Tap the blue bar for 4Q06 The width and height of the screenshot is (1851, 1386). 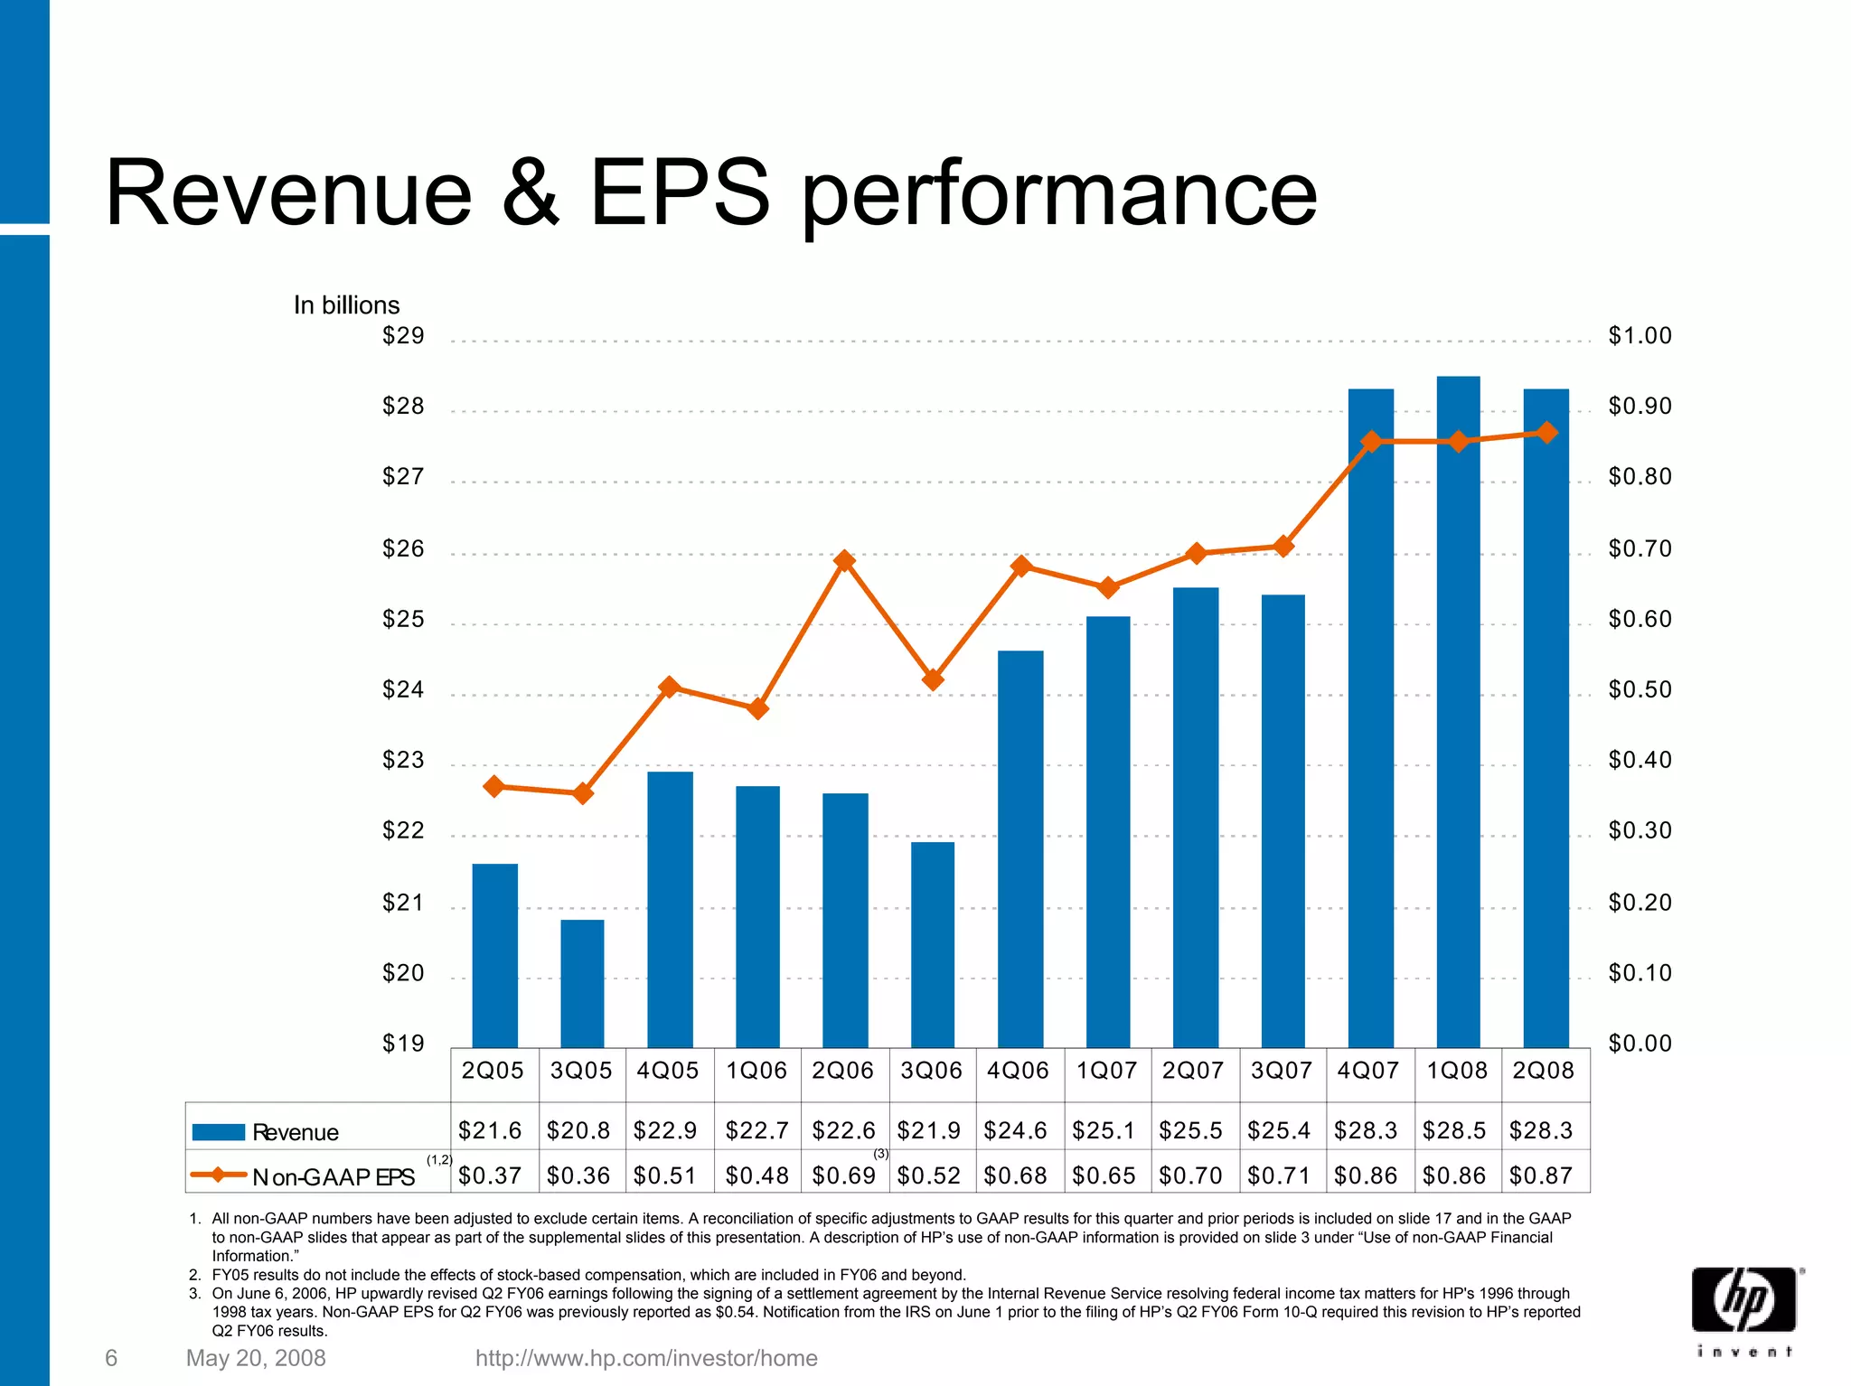pyautogui.click(x=1020, y=849)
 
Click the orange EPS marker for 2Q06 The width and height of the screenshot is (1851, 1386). pyautogui.click(x=844, y=561)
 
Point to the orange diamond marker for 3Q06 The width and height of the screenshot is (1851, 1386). pyautogui.click(x=933, y=679)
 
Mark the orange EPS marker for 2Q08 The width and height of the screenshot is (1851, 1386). pyautogui.click(x=1546, y=433)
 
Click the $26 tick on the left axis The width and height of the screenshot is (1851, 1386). pyautogui.click(x=403, y=548)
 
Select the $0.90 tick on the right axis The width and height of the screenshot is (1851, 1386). pyautogui.click(x=1640, y=407)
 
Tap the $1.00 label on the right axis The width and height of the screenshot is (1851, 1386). pyautogui.click(x=1640, y=336)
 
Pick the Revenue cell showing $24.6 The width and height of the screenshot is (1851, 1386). pyautogui.click(x=1015, y=1130)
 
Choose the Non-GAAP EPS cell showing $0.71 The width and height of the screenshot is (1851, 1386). pyautogui.click(x=1279, y=1175)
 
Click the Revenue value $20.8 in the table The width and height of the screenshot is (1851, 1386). pyautogui.click(x=578, y=1130)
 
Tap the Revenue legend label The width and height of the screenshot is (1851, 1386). pyautogui.click(x=296, y=1132)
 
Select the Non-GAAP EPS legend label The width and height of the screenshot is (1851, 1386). pyautogui.click(x=334, y=1177)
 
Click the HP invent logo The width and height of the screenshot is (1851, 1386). pyautogui.click(x=1745, y=1310)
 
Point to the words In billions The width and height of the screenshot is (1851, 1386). pyautogui.click(x=346, y=305)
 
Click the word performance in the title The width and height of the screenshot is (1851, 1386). pyautogui.click(x=1058, y=194)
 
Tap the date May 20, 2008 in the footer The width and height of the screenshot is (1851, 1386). pyautogui.click(x=256, y=1358)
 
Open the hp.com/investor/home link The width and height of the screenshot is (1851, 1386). pyautogui.click(x=646, y=1358)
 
